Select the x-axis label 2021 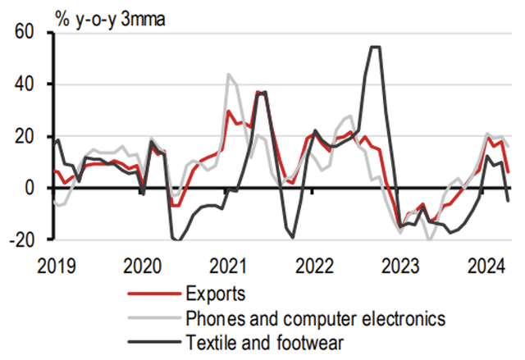(229, 266)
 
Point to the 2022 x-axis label (314, 266)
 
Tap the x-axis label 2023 (400, 266)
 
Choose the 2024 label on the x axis (486, 266)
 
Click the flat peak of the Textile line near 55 (376, 47)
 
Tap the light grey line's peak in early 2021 (229, 74)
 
